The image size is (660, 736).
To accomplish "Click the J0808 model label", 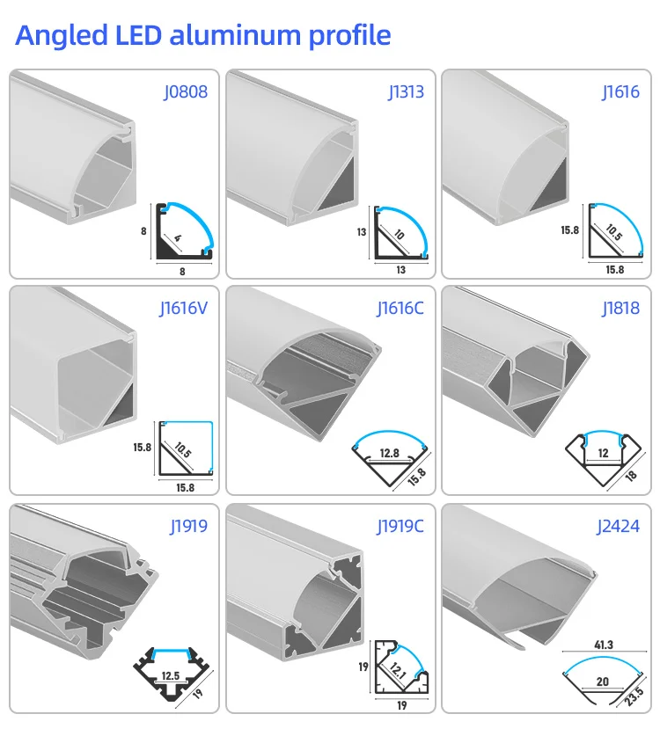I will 186,91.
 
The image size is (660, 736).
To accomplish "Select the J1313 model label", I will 406,91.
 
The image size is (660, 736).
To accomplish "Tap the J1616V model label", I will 183,308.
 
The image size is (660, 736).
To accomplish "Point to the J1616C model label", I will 401,308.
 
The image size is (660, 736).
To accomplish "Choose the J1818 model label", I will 620,308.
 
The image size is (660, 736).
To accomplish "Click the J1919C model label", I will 400,527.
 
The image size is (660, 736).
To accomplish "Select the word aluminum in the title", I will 230,36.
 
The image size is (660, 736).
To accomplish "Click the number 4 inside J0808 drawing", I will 177,238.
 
